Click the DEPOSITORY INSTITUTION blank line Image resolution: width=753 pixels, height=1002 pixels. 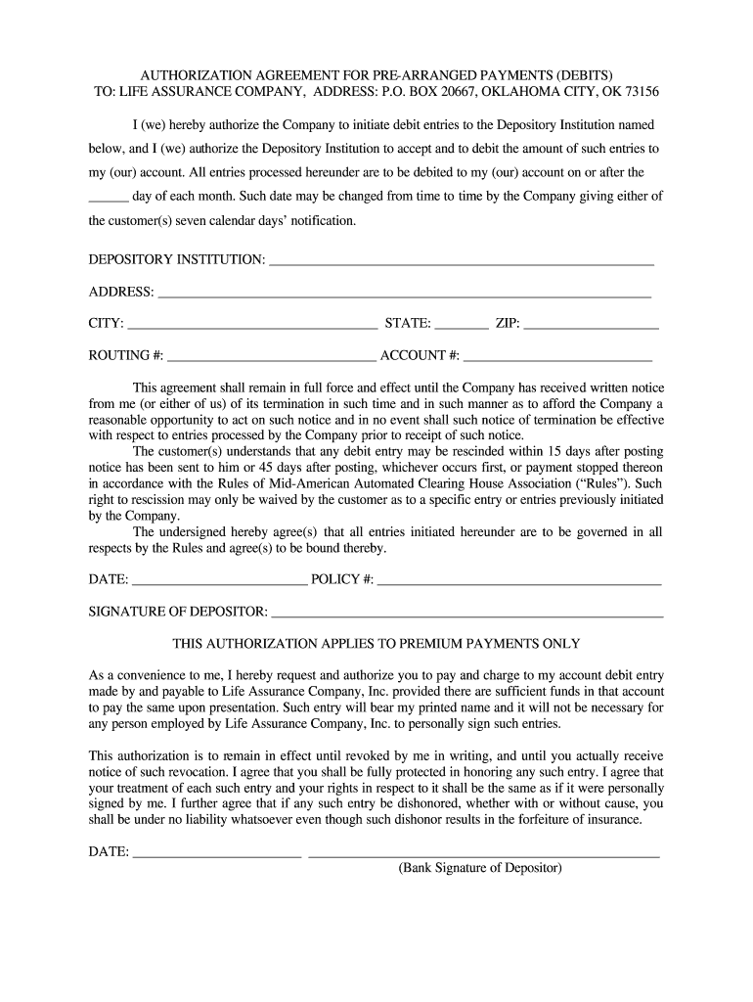pos(461,261)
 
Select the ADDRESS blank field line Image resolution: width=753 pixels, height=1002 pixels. pos(404,293)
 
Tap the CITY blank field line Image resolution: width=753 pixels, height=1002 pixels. pos(251,325)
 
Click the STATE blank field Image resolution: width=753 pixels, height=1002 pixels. pos(461,325)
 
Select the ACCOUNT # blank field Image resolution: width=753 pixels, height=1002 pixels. pos(557,356)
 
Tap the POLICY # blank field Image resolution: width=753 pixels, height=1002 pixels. pos(519,580)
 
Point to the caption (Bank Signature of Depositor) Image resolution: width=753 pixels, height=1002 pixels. pos(480,868)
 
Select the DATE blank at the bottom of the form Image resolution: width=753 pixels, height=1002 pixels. pos(216,852)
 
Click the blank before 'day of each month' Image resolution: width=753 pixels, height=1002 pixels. pos(108,197)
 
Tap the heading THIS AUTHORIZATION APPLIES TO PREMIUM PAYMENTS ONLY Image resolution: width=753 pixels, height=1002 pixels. pos(376,644)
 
